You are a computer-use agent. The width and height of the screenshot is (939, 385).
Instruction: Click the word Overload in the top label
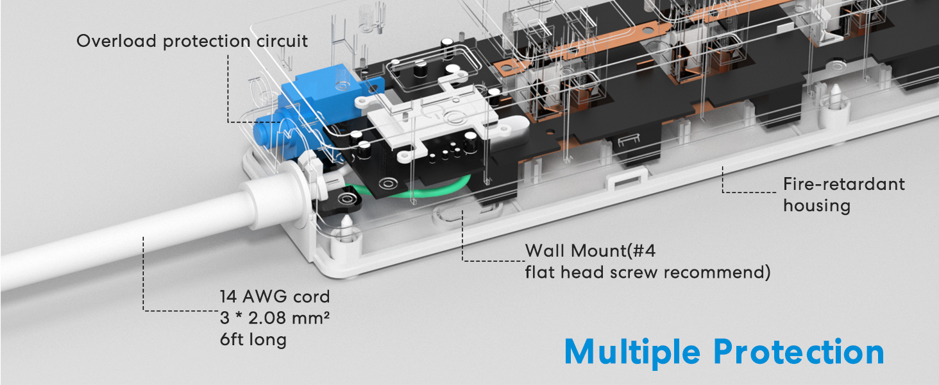tap(116, 41)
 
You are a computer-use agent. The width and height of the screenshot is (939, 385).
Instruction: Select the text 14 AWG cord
tap(275, 297)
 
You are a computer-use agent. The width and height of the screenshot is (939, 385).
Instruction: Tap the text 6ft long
tap(253, 339)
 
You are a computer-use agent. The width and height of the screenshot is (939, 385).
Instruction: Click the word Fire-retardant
tap(843, 185)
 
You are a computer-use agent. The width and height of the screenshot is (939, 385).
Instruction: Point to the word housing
tap(816, 206)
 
